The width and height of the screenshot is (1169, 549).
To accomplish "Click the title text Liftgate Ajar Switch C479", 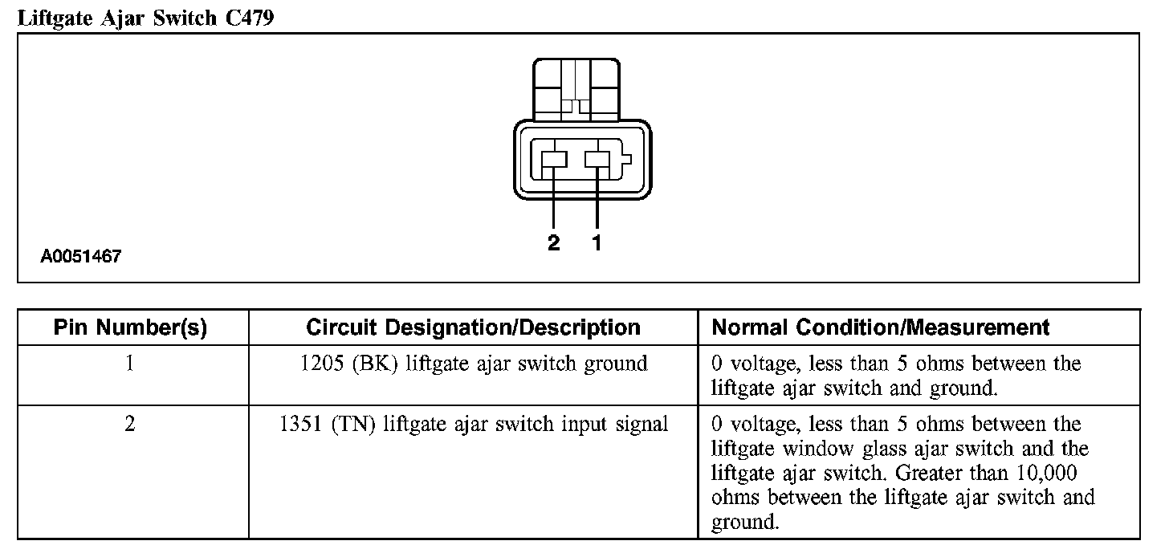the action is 145,18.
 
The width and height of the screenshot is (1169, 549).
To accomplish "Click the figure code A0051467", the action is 81,257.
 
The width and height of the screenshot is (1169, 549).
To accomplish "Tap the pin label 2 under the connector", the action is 553,243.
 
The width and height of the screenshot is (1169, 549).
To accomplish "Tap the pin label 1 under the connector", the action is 597,243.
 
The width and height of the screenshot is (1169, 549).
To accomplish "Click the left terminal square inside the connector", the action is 554,159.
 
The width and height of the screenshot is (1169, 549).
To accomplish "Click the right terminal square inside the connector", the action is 597,159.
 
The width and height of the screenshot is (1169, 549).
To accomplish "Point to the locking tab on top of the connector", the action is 575,88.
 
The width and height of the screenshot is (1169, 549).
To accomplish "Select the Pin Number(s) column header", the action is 130,327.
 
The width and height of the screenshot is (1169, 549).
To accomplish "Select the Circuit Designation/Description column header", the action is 473,327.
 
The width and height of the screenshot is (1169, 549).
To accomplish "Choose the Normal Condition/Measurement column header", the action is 881,327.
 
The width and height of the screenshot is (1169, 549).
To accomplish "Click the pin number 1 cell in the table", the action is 130,364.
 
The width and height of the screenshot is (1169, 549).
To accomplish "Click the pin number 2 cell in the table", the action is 130,424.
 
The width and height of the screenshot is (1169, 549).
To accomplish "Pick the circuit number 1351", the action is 300,424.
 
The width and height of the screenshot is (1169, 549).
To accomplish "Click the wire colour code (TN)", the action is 354,424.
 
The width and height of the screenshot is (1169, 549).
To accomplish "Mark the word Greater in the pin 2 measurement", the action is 939,473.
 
